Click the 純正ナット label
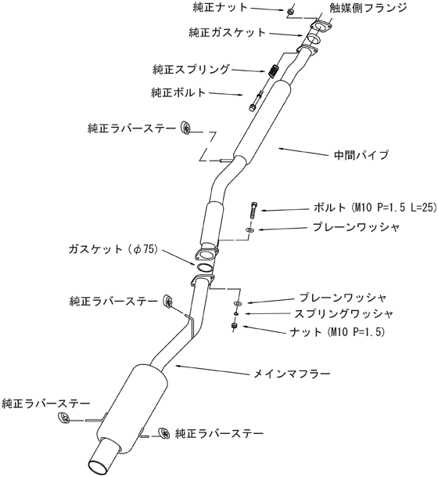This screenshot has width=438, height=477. coord(221,7)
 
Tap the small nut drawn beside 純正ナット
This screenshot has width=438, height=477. coord(290,12)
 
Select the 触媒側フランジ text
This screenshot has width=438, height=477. coord(368,8)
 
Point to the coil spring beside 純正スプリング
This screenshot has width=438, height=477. coord(274,70)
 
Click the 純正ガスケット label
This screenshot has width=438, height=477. coord(228,32)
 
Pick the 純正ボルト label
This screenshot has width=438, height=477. coord(178,92)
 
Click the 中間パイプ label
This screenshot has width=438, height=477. coord(361,155)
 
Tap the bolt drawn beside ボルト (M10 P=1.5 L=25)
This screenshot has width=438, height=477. coord(254,210)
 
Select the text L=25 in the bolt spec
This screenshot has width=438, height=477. coord(423,208)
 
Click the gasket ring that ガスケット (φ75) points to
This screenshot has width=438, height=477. coord(204,268)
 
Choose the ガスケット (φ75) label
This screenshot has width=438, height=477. coord(113,249)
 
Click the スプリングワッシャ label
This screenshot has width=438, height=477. coord(343,313)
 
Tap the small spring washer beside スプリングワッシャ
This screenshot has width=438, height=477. coord(235,313)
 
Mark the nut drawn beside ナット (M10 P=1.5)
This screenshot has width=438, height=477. coord(234,326)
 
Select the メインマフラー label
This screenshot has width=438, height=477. coord(292,374)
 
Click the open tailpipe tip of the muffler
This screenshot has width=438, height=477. coord(99,465)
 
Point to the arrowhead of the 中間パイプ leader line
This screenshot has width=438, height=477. coord(281,149)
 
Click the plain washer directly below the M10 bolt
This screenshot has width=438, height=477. coord(250,229)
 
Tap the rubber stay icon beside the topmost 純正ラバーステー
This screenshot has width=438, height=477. coord(185,128)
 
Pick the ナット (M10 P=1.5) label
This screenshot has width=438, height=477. coord(337,331)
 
